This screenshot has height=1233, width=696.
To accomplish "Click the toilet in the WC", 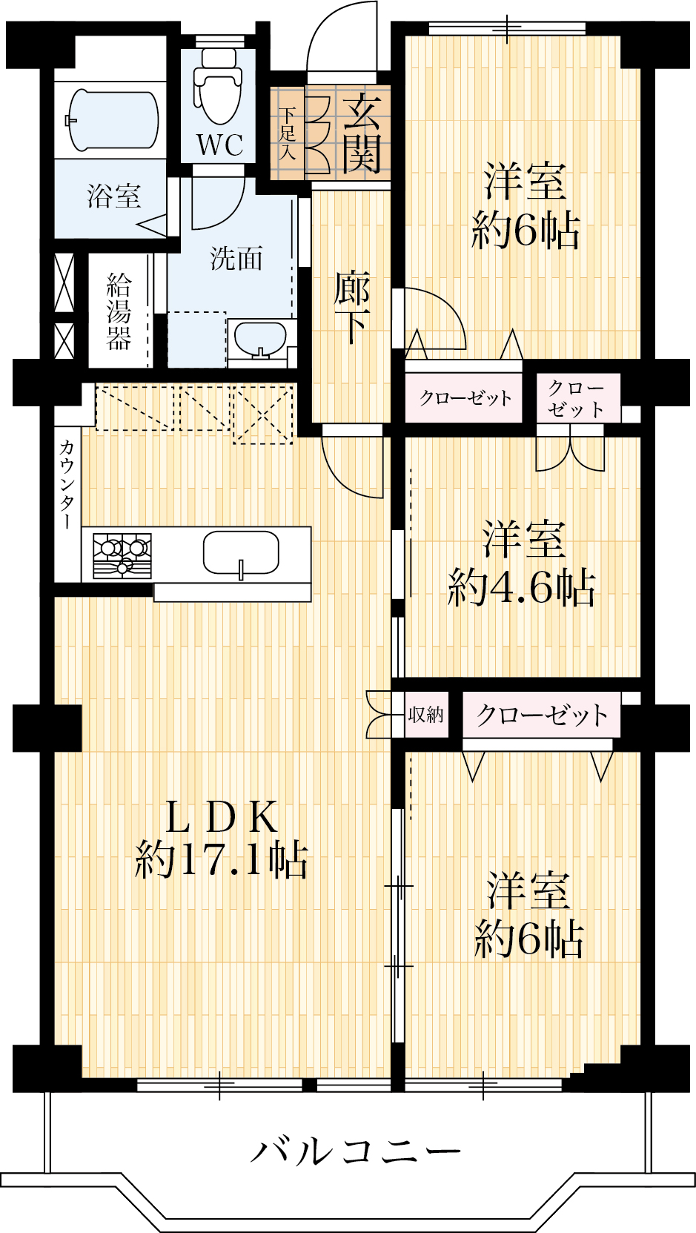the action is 219,85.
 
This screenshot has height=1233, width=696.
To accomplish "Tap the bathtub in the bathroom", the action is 113,119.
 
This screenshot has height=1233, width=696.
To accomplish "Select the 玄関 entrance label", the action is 362,133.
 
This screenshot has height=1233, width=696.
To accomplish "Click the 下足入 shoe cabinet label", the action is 287,133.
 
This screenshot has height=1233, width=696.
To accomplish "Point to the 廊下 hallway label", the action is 352,308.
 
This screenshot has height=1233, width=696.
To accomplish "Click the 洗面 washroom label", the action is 236,257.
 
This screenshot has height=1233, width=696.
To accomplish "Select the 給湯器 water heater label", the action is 119,311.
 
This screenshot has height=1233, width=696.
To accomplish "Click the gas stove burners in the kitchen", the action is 122,555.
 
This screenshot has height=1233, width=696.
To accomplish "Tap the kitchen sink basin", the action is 241,553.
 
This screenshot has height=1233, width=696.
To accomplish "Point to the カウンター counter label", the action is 67,484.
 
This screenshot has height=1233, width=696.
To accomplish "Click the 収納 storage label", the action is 425,715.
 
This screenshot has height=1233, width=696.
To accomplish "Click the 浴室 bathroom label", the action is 114,196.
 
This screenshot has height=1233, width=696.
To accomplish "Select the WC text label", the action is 219,145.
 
